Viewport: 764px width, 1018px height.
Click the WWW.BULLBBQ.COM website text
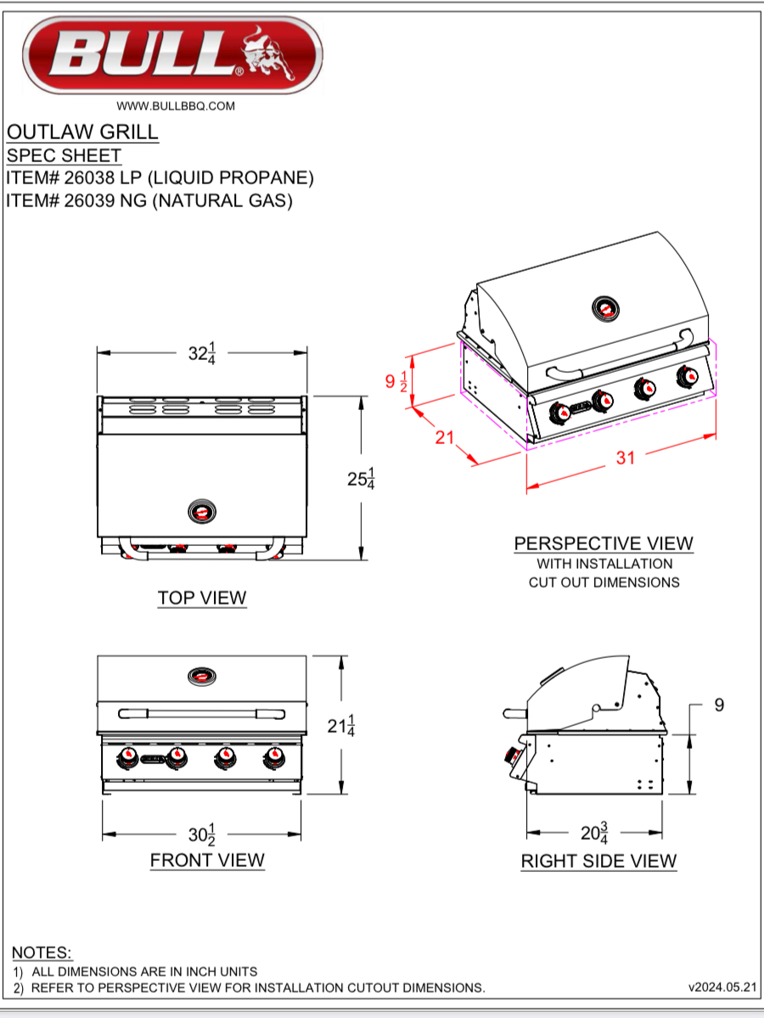coord(175,106)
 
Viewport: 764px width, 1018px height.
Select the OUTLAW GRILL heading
coord(82,132)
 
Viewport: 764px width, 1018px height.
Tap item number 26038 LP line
coord(160,178)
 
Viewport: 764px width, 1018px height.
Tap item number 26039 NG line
coord(149,201)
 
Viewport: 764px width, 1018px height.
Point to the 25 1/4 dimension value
coord(361,479)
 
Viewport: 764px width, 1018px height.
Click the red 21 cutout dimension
coord(445,438)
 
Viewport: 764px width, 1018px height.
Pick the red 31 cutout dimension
coord(625,458)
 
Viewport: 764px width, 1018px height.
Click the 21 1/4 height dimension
coord(341,726)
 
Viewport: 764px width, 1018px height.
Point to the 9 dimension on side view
coord(719,705)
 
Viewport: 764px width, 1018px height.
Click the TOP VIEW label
coord(202,598)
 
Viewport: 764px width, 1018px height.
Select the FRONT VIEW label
coord(207,860)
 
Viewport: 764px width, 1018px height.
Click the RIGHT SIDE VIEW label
coord(598,861)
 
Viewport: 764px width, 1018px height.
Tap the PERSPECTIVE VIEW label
coord(604,543)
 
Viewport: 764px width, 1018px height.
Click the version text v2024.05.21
coord(722,987)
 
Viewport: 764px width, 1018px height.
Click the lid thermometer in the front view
coord(202,676)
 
